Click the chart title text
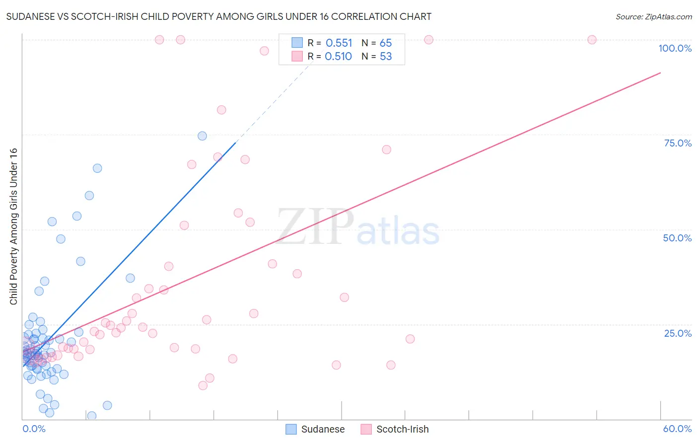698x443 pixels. (x=218, y=16)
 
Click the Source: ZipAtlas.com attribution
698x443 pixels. (x=653, y=16)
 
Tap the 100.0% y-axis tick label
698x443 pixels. (x=675, y=48)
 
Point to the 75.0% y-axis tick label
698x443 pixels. (x=678, y=143)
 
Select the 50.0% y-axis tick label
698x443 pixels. (x=677, y=238)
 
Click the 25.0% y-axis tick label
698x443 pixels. (x=678, y=333)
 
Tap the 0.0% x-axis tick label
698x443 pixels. (x=34, y=429)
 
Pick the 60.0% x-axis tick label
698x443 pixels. (x=677, y=429)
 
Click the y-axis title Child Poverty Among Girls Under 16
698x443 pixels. (x=13, y=226)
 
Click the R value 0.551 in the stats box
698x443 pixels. (x=339, y=43)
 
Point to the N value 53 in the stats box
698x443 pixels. (x=386, y=57)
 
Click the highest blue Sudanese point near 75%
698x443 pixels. (x=202, y=136)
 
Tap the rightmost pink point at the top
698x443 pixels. (x=592, y=40)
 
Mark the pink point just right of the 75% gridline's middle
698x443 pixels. (x=386, y=149)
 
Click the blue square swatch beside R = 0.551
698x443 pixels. (x=297, y=43)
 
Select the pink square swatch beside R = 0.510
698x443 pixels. (x=297, y=56)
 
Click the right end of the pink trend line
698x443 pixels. (x=660, y=73)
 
